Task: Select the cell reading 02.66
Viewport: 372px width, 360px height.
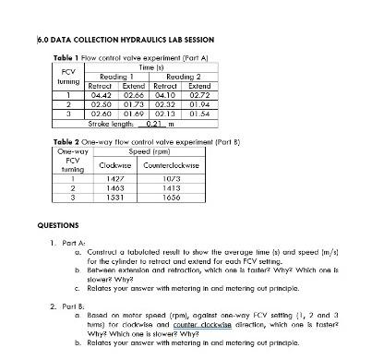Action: (134, 96)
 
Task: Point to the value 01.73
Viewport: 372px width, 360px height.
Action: (134, 104)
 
